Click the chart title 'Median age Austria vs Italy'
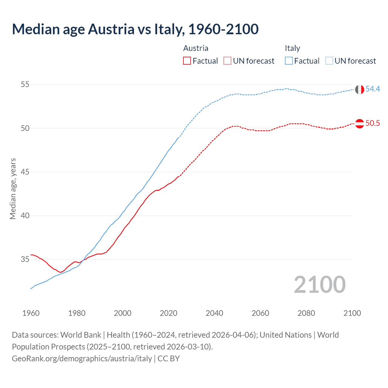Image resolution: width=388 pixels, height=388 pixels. [x=135, y=29]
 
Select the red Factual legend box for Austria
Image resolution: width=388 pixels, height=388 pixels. [x=187, y=61]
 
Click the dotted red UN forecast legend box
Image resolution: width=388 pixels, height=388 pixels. [x=227, y=61]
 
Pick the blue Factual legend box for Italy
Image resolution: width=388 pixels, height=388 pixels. [x=289, y=61]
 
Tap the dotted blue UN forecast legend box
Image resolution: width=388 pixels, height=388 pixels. [x=329, y=61]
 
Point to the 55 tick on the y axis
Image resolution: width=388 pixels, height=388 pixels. [x=25, y=84]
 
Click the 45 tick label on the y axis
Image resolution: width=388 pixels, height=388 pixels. [x=25, y=172]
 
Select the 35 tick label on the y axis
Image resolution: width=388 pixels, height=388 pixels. [x=25, y=259]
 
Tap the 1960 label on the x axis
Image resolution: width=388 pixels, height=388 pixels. [x=31, y=313]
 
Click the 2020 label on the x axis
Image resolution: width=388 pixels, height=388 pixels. [x=169, y=313]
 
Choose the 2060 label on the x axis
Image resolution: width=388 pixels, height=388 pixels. [x=260, y=313]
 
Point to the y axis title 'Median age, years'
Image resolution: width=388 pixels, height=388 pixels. [x=13, y=189]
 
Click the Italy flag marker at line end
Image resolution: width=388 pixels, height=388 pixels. [x=359, y=89]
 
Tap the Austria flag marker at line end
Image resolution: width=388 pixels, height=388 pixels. [x=359, y=124]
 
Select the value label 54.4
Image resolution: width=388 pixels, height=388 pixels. [x=373, y=89]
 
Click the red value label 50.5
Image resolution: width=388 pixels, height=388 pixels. [x=373, y=123]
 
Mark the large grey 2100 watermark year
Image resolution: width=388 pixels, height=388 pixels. [x=319, y=285]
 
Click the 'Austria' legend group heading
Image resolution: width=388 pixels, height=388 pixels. [x=196, y=48]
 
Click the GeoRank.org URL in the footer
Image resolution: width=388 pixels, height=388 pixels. [x=82, y=359]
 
